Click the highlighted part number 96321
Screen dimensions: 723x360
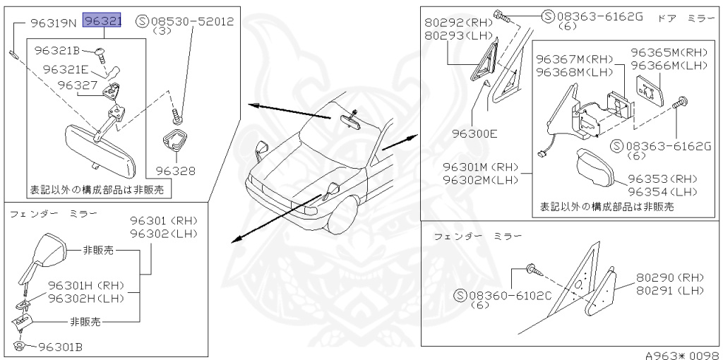102,22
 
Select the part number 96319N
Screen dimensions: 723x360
54,23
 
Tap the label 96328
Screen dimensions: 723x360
175,170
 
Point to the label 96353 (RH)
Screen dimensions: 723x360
662,179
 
